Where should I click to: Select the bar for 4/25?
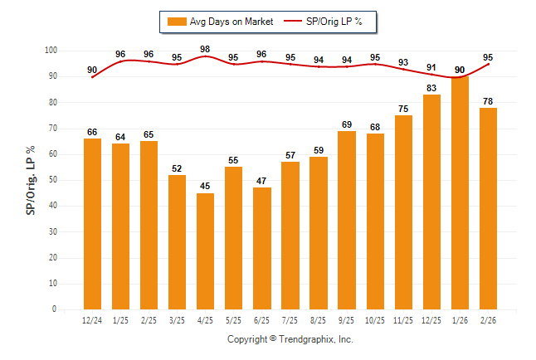205,251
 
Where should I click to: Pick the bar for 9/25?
347,220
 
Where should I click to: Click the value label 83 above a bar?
431,88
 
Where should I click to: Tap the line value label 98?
205,49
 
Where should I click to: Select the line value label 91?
431,67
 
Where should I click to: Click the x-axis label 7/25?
290,319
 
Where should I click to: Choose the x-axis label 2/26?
488,319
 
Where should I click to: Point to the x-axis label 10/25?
375,319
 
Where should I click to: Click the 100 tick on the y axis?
51,51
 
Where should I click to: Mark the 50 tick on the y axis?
52,180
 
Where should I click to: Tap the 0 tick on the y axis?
55,309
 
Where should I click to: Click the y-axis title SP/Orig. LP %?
31,180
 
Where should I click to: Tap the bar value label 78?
488,101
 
